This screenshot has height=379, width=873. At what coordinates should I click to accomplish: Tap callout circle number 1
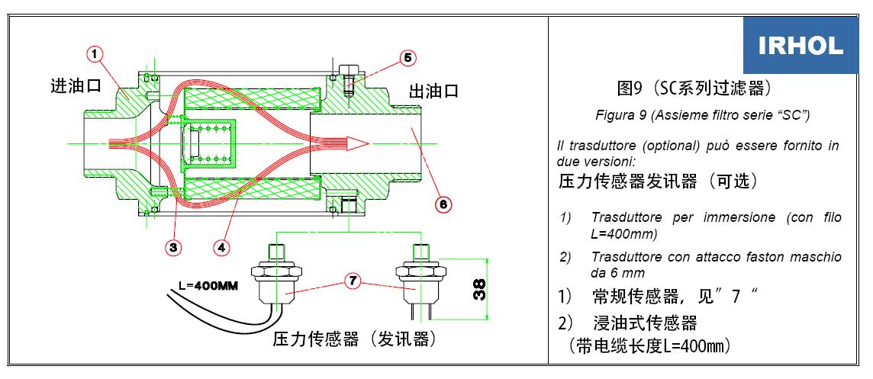click(95, 55)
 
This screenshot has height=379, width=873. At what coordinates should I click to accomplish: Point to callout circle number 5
click(408, 58)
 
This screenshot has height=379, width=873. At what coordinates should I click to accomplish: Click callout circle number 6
click(443, 204)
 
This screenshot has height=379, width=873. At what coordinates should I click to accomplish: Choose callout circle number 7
click(352, 281)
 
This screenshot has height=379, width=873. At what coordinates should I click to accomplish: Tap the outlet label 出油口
click(433, 91)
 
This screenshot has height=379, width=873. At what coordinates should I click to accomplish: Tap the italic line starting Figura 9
click(702, 115)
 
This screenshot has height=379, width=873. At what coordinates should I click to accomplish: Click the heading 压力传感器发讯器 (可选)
click(658, 181)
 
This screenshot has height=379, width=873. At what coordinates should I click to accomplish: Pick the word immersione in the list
click(730, 218)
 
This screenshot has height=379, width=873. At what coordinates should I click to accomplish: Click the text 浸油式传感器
click(645, 322)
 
